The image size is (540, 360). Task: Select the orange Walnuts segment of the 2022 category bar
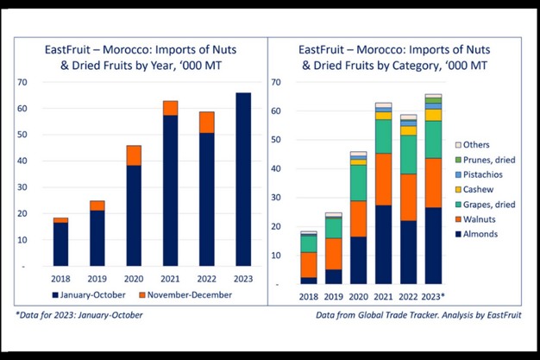pos(408,198)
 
